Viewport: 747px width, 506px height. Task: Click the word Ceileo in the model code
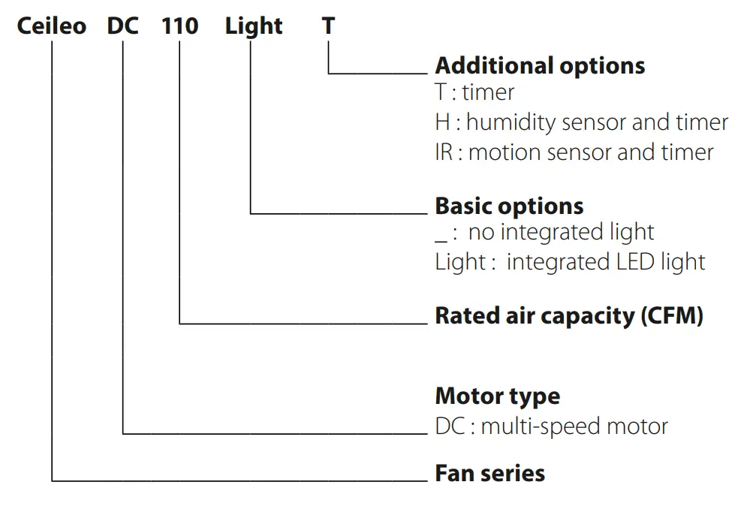pyautogui.click(x=52, y=26)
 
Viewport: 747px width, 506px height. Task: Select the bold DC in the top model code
pyautogui.click(x=123, y=26)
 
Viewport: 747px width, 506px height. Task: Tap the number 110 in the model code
pyautogui.click(x=180, y=26)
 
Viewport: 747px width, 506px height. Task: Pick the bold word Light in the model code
pyautogui.click(x=254, y=27)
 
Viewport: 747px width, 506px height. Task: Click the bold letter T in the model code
pyautogui.click(x=328, y=26)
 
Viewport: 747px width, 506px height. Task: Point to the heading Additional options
pyautogui.click(x=540, y=65)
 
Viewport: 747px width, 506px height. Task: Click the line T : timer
pyautogui.click(x=474, y=93)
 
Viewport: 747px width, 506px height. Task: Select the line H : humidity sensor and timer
pyautogui.click(x=581, y=122)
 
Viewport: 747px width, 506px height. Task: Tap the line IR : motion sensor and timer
pyautogui.click(x=574, y=152)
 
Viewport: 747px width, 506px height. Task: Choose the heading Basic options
pyautogui.click(x=509, y=206)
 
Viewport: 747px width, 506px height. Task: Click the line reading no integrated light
pyautogui.click(x=561, y=233)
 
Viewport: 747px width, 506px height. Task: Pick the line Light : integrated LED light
pyautogui.click(x=570, y=262)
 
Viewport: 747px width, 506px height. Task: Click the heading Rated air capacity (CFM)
pyautogui.click(x=569, y=315)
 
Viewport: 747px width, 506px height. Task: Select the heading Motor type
pyautogui.click(x=497, y=396)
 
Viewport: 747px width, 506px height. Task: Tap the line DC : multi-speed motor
pyautogui.click(x=551, y=426)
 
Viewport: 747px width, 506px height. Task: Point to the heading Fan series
pyautogui.click(x=489, y=474)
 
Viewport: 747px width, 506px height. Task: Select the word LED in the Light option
pyautogui.click(x=628, y=262)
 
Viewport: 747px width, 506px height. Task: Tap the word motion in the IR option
pyautogui.click(x=505, y=152)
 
